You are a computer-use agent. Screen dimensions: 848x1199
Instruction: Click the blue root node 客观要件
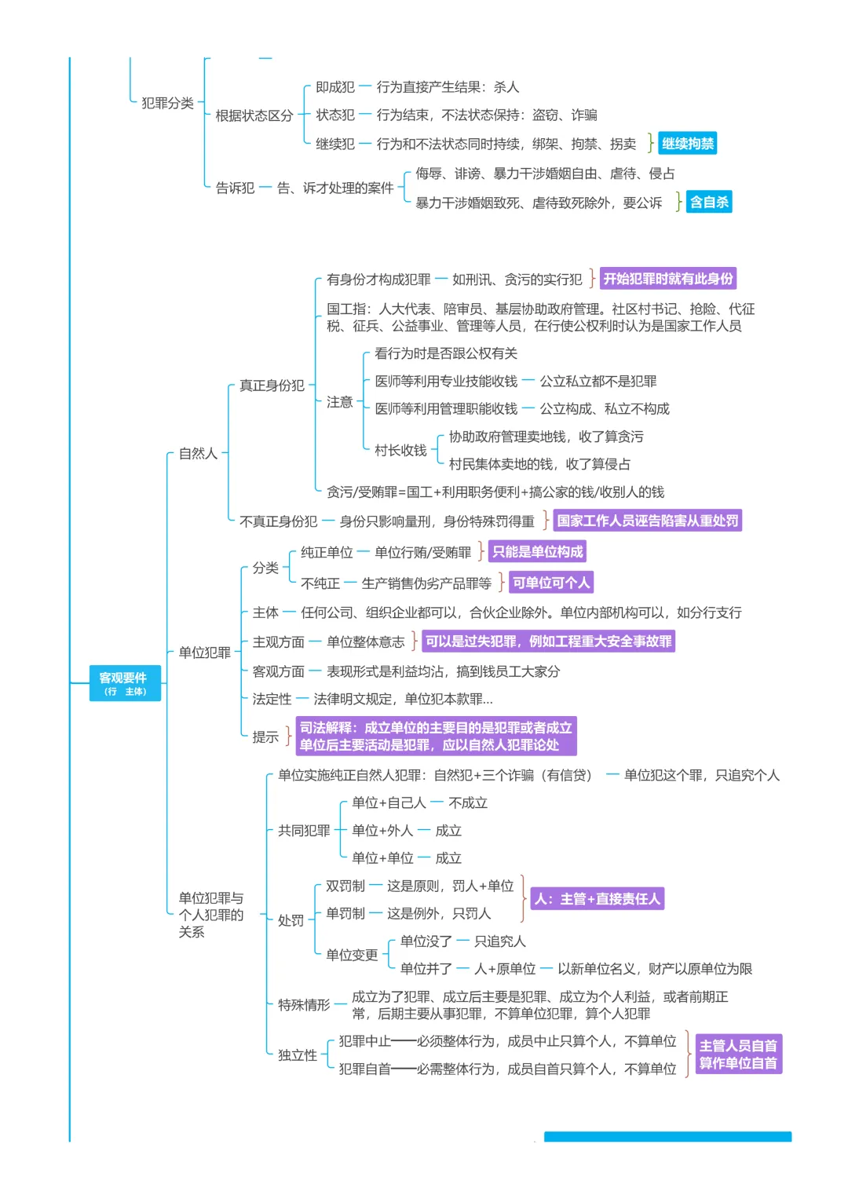pos(124,682)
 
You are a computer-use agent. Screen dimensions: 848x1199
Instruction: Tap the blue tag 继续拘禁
pos(688,144)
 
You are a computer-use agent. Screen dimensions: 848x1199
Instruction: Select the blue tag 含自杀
pos(709,202)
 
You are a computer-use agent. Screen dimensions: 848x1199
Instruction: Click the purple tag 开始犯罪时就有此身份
pos(668,279)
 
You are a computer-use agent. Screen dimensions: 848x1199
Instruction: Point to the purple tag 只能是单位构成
pos(537,552)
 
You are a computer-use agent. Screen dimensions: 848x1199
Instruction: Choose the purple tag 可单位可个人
pos(550,583)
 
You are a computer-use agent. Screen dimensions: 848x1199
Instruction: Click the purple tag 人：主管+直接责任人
pos(598,899)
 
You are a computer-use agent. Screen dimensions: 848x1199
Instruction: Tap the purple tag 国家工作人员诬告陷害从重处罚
pos(647,521)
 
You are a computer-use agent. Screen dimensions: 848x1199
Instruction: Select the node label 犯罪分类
pos(167,103)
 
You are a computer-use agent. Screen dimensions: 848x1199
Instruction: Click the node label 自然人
pos(198,453)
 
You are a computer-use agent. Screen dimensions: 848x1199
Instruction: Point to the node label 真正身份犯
pos(272,386)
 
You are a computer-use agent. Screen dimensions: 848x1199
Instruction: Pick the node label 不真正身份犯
pos(278,521)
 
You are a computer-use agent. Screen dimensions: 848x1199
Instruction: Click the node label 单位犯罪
pos(204,653)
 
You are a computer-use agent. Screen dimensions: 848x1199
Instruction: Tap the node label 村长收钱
pos(400,451)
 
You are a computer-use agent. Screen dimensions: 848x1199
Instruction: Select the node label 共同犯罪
pos(304,831)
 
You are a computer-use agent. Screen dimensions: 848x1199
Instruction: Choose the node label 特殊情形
pos(304,1005)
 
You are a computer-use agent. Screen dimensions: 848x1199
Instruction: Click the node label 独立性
pos(297,1055)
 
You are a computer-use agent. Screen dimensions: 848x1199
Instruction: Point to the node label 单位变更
pos(352,955)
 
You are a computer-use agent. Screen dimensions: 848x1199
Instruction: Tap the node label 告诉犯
pos(235,188)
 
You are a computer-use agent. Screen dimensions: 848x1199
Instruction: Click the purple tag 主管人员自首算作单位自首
pos(737,1054)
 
